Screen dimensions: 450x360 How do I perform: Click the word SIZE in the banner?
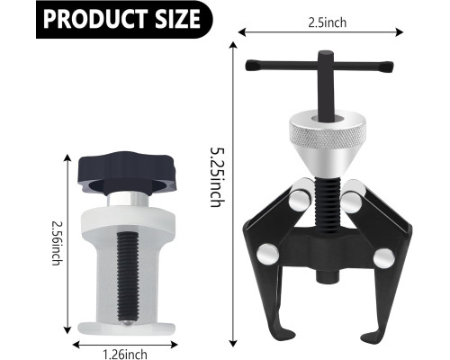coord(177,19)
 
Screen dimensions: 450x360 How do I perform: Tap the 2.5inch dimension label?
coord(328,22)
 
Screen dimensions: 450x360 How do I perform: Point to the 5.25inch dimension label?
coord(217,176)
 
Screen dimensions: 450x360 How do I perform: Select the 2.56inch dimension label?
coord(57,243)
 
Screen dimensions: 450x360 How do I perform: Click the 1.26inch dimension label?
coord(125,355)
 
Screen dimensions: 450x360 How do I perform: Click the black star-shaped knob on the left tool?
coord(128,174)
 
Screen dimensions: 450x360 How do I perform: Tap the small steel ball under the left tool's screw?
coord(128,323)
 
